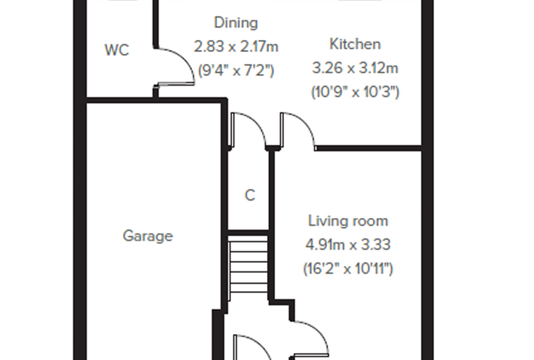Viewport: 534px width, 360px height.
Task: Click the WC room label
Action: point(117,50)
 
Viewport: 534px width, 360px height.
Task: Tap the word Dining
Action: point(235,22)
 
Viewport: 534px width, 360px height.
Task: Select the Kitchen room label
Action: point(355,44)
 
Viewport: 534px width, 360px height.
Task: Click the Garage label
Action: point(148,236)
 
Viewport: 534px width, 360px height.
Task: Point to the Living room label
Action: point(348,221)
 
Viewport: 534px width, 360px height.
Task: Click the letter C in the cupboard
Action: point(249,195)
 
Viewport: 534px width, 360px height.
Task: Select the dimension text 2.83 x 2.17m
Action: point(236,46)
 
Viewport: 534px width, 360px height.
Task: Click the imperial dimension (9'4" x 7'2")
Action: point(236,70)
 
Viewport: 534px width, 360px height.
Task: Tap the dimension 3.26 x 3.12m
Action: point(355,68)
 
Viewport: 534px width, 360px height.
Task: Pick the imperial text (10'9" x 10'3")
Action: point(355,92)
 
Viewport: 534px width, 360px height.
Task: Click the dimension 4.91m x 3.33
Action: point(348,245)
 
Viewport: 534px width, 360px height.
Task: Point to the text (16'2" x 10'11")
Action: point(348,269)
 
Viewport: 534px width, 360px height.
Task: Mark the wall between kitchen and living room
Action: point(368,148)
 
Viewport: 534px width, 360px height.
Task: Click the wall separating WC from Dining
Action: point(156,24)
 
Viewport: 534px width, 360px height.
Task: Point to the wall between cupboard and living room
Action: point(272,225)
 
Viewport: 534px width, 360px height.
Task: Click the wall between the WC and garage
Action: point(155,101)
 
